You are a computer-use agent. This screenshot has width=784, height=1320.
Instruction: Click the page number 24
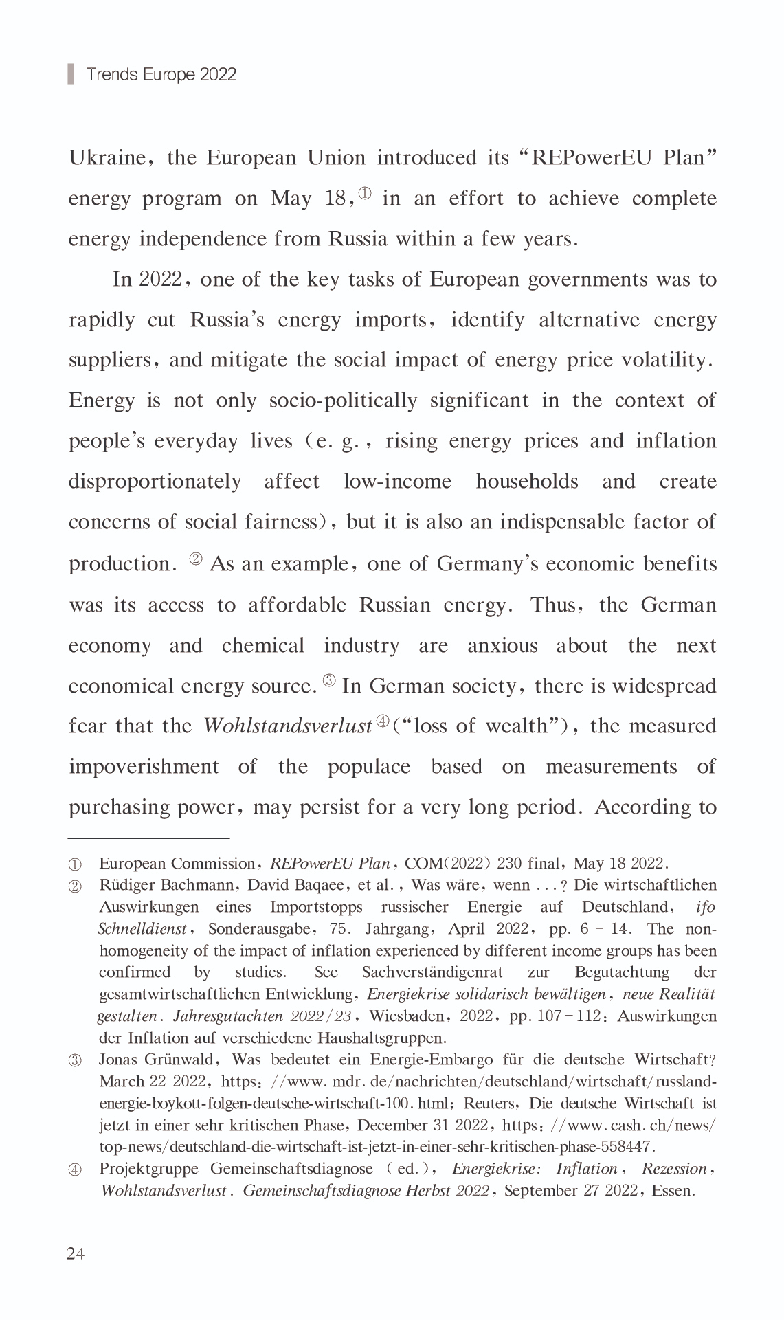76,1253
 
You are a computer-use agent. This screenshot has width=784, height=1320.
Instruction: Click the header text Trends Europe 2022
161,74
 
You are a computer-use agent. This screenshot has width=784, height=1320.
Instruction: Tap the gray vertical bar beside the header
71,74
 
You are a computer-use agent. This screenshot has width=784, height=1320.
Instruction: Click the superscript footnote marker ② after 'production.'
195,559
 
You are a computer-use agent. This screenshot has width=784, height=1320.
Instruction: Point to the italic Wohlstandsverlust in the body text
287,726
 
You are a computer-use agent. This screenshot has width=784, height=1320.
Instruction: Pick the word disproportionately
155,481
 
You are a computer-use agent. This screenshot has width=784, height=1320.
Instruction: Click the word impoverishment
144,766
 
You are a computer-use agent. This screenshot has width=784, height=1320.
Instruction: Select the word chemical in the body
262,646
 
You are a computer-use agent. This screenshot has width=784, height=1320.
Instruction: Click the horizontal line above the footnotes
148,838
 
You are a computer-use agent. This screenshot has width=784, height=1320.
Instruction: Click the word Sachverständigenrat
432,972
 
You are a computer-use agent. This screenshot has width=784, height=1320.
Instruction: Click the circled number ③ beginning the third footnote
75,1060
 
